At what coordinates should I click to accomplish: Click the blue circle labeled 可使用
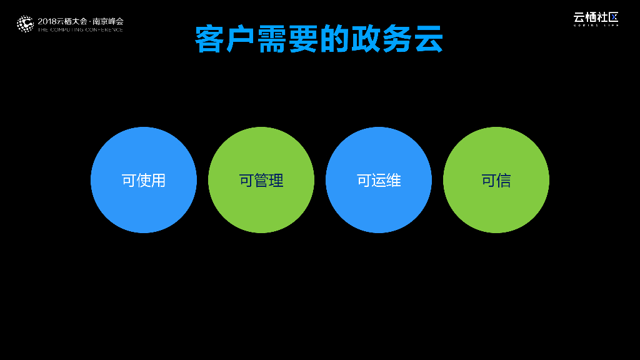pyautogui.click(x=144, y=180)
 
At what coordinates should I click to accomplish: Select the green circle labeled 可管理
pyautogui.click(x=261, y=180)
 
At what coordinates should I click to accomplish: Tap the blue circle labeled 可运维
pyautogui.click(x=379, y=180)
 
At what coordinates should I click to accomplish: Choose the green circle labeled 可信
pyautogui.click(x=496, y=180)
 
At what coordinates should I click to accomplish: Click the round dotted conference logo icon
pyautogui.click(x=25, y=24)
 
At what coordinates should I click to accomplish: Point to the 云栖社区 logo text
pyautogui.click(x=596, y=17)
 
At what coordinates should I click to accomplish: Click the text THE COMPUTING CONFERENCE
pyautogui.click(x=81, y=29)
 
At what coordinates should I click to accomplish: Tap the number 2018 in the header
pyautogui.click(x=47, y=21)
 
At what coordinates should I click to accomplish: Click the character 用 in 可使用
pyautogui.click(x=159, y=181)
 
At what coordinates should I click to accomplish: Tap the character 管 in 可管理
pyautogui.click(x=261, y=181)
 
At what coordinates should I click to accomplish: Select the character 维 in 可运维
pyautogui.click(x=394, y=181)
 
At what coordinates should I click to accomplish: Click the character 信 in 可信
pyautogui.click(x=504, y=181)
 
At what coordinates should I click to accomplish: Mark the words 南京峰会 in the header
pyautogui.click(x=107, y=21)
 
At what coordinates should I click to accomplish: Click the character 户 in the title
pyautogui.click(x=241, y=40)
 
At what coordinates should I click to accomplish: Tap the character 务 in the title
pyautogui.click(x=397, y=40)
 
